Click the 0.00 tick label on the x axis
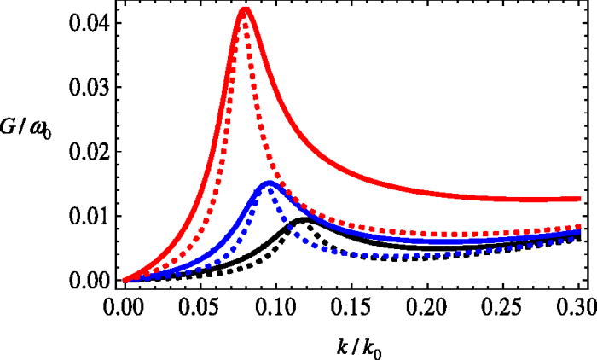125,306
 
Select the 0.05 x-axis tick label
200,306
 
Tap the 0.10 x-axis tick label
276,306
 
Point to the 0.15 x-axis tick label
352,306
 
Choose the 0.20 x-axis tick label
428,306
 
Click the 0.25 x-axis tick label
504,306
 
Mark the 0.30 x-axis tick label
577,306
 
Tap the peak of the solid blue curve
269,183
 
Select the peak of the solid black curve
303,219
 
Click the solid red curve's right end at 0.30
580,199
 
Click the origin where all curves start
125,280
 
